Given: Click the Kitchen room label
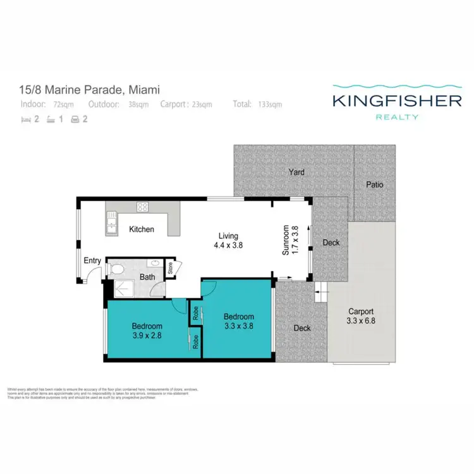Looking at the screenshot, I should coord(142,229).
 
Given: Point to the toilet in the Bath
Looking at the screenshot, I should coord(116,269).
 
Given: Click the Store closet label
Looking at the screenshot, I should coord(171,269).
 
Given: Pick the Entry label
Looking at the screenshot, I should coord(92,260).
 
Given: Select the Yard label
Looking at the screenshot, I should coord(296,172).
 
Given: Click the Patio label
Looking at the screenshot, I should coord(375,185).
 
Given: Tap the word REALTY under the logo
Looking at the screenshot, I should coord(398,117).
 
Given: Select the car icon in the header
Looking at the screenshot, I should coord(75,118).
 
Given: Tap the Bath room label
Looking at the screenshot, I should coord(147,277).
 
